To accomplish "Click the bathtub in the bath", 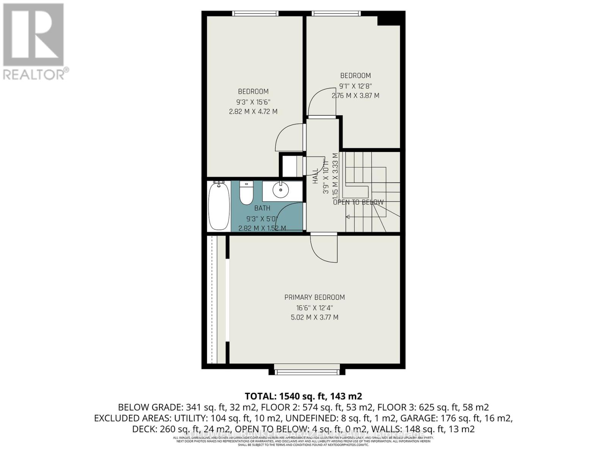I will [219, 206].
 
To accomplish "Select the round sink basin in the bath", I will [281, 190].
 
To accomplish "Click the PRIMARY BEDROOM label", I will [315, 297].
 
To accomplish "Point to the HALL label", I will [316, 176].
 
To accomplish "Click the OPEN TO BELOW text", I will [358, 202].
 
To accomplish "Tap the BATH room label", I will [262, 208].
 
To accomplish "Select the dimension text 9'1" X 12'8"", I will [355, 86].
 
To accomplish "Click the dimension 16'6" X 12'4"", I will [315, 308].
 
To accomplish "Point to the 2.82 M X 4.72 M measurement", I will [253, 111].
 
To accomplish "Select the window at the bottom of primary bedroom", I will [307, 372].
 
